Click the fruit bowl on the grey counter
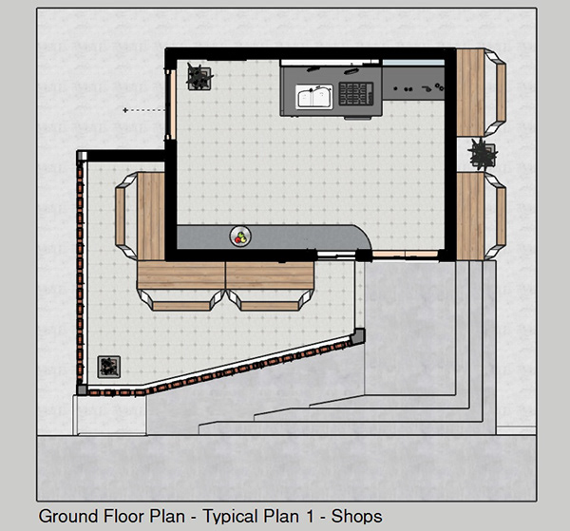click(241, 236)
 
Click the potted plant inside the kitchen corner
click(199, 75)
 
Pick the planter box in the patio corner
click(110, 366)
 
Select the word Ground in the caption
click(67, 518)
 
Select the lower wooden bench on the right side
click(473, 216)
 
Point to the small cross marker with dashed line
click(125, 111)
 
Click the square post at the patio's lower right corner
click(358, 335)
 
